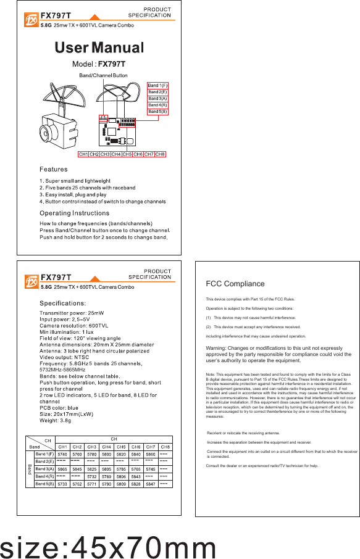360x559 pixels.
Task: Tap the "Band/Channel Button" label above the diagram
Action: [x=103, y=75]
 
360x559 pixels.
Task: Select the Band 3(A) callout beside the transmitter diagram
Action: [x=157, y=99]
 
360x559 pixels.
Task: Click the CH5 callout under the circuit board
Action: [x=127, y=154]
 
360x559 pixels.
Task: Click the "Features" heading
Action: [x=54, y=169]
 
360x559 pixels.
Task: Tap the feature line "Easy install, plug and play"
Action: [x=75, y=194]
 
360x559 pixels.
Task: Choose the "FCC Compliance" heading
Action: [x=235, y=284]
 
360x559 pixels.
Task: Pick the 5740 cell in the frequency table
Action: [x=62, y=453]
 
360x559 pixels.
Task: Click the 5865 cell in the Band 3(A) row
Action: [x=62, y=469]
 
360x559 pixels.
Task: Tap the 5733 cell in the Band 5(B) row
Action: [x=62, y=484]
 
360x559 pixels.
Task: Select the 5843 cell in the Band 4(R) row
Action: [x=136, y=476]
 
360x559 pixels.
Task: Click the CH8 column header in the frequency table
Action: [x=165, y=446]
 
